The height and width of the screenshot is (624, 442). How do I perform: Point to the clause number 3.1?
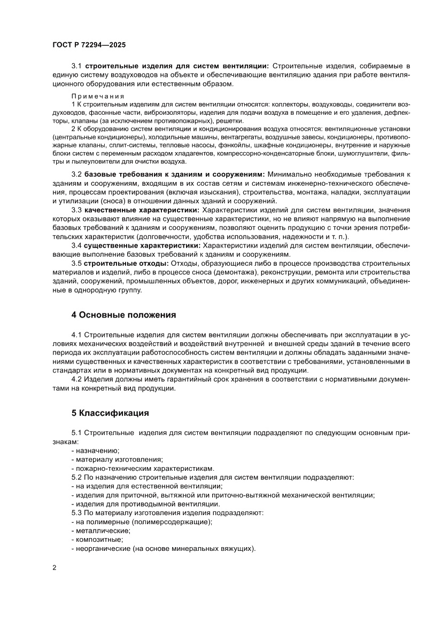click(x=76, y=66)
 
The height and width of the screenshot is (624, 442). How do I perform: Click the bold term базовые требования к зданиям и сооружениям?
click(x=174, y=175)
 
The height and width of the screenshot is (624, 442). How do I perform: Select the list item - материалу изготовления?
click(x=118, y=459)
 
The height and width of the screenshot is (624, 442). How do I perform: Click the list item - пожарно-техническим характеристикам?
click(x=143, y=468)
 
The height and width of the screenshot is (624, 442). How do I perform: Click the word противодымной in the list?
click(x=142, y=504)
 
